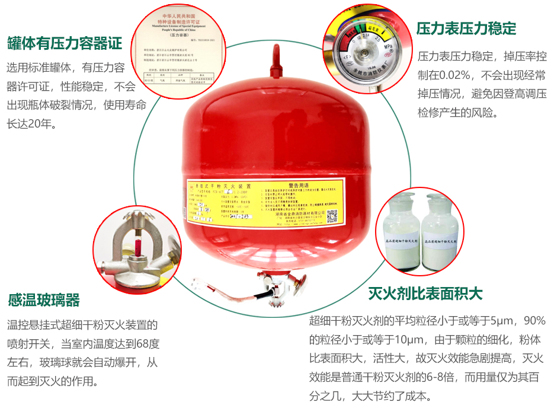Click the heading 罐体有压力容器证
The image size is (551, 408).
pos(65,43)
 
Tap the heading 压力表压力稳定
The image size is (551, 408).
pos(466,28)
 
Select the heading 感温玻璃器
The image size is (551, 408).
pos(44,300)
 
